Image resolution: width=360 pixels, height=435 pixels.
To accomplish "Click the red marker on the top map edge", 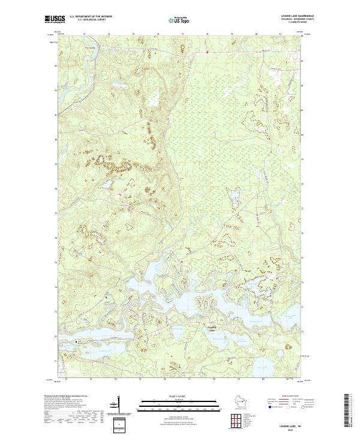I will (x=207, y=52).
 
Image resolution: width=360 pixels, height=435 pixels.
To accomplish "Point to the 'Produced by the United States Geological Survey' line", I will (x=63, y=397).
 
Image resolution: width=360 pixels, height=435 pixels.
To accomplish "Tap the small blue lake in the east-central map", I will (x=233, y=196).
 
